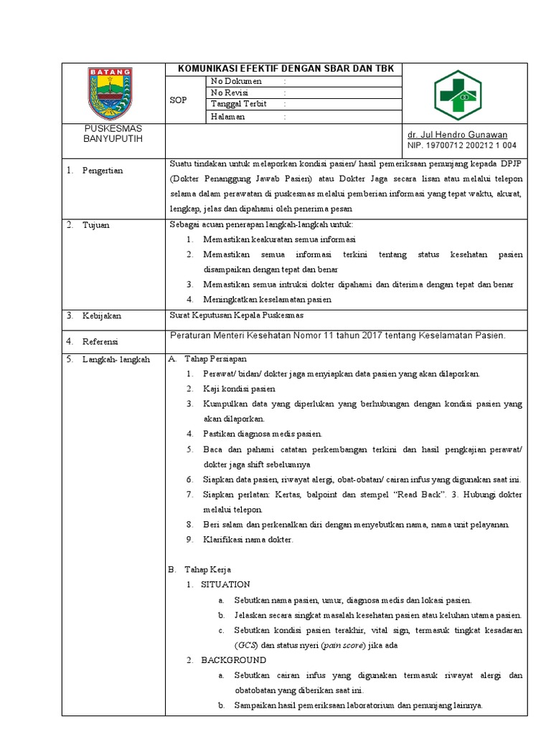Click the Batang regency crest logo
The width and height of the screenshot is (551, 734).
[x=110, y=92]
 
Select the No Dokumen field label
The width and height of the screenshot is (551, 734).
[x=236, y=81]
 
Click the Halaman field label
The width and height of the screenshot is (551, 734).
[x=227, y=116]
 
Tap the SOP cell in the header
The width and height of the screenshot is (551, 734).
[x=178, y=100]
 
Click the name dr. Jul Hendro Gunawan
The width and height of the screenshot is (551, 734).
[x=457, y=135]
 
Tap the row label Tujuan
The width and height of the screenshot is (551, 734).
[x=96, y=225]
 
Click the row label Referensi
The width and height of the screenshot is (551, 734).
[x=101, y=341]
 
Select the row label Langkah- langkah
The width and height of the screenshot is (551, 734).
[x=116, y=360]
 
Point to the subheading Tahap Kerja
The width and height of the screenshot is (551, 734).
[x=207, y=570]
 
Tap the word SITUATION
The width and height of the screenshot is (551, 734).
[x=225, y=584]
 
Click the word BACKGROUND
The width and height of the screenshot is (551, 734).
[x=233, y=659]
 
